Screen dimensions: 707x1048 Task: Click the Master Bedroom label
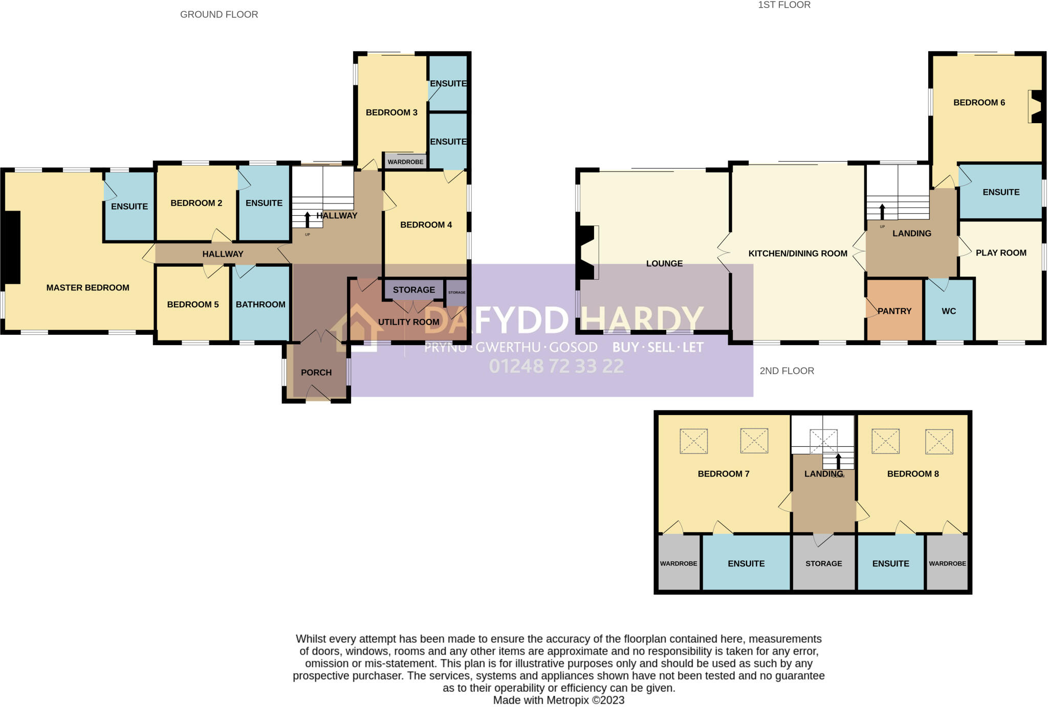point(88,288)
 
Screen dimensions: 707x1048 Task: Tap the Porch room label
point(316,373)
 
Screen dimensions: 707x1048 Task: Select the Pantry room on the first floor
point(894,311)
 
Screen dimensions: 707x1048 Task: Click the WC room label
point(949,311)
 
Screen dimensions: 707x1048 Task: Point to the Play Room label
point(1001,253)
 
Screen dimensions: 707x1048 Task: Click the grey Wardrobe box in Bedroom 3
point(405,162)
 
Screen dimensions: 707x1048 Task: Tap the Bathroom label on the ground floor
point(260,305)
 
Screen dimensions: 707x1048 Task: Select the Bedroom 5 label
point(193,305)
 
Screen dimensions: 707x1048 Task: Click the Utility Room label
point(408,322)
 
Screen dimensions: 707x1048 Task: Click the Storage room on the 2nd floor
point(823,563)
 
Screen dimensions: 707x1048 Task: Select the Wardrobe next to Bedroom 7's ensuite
point(679,563)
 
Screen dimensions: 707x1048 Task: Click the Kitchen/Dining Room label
point(798,254)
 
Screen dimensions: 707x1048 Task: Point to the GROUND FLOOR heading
point(219,15)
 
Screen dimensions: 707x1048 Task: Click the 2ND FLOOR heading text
point(787,371)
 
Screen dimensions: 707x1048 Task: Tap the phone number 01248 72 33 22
point(556,366)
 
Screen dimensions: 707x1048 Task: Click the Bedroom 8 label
point(913,474)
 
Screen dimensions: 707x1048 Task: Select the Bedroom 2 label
point(196,203)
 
